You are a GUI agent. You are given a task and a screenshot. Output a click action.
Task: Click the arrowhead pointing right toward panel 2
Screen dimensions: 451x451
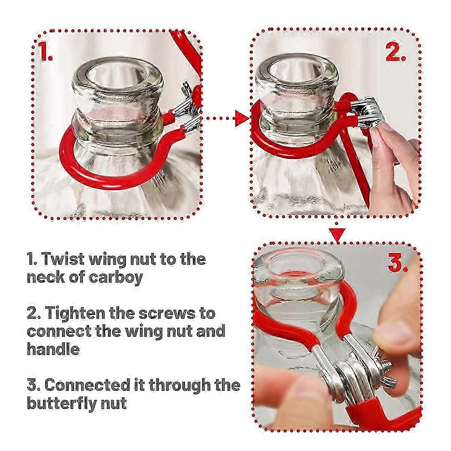(242, 118)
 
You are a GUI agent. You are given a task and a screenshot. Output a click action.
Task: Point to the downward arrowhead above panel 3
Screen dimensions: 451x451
(337, 235)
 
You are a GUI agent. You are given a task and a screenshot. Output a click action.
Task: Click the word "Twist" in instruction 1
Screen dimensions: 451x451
(64, 259)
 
